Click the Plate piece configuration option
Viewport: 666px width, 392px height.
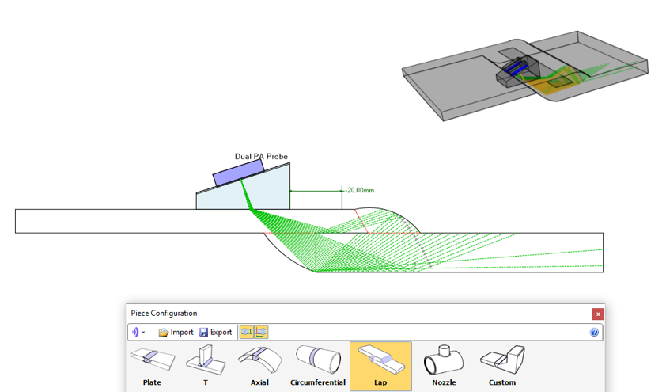152,367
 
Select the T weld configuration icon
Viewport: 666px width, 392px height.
206,367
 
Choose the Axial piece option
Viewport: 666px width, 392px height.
259,367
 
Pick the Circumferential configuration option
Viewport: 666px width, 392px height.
318,367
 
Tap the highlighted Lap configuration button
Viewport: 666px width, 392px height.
380,367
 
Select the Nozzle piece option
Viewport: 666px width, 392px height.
444,367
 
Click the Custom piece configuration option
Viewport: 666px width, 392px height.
502,367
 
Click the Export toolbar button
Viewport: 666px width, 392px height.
216,332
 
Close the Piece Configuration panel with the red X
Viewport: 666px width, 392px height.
598,314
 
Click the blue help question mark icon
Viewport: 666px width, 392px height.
594,332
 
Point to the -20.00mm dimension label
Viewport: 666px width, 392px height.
360,190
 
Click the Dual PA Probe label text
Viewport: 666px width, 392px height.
261,157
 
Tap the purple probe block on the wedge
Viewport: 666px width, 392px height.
239,173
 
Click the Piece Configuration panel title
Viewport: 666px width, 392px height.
164,314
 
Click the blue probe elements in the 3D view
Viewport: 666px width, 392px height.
516,68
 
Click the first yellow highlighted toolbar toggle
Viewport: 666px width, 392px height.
246,332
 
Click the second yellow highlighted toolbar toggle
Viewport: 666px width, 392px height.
261,332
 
